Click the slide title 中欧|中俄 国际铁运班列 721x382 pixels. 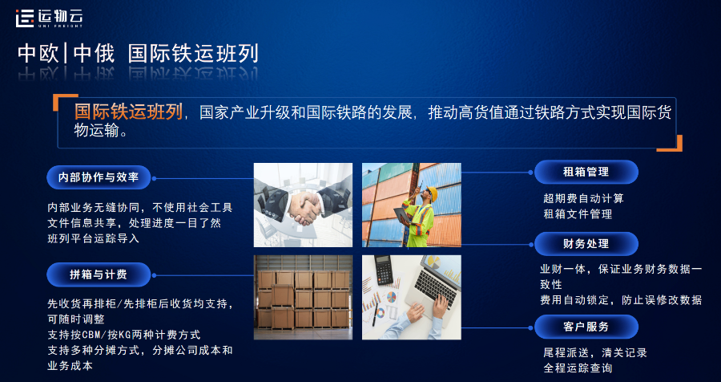tap(138, 54)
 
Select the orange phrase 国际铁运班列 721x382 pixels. tap(128, 111)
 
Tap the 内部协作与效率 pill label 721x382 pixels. tap(99, 177)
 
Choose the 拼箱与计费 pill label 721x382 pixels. tap(99, 274)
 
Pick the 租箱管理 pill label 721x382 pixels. tap(586, 172)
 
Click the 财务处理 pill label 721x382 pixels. tap(586, 244)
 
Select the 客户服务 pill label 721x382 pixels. tap(586, 327)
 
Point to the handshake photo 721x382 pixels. tap(303, 205)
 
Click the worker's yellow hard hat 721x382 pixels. tap(430, 193)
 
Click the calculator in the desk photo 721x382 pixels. tap(383, 269)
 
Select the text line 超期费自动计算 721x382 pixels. tap(583, 197)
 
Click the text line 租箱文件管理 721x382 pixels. tap(578, 213)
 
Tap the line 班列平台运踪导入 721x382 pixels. tap(94, 238)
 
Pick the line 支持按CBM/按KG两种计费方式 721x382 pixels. tap(124, 334)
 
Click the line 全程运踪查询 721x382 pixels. tap(578, 368)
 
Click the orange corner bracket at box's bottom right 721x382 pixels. tap(675, 144)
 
